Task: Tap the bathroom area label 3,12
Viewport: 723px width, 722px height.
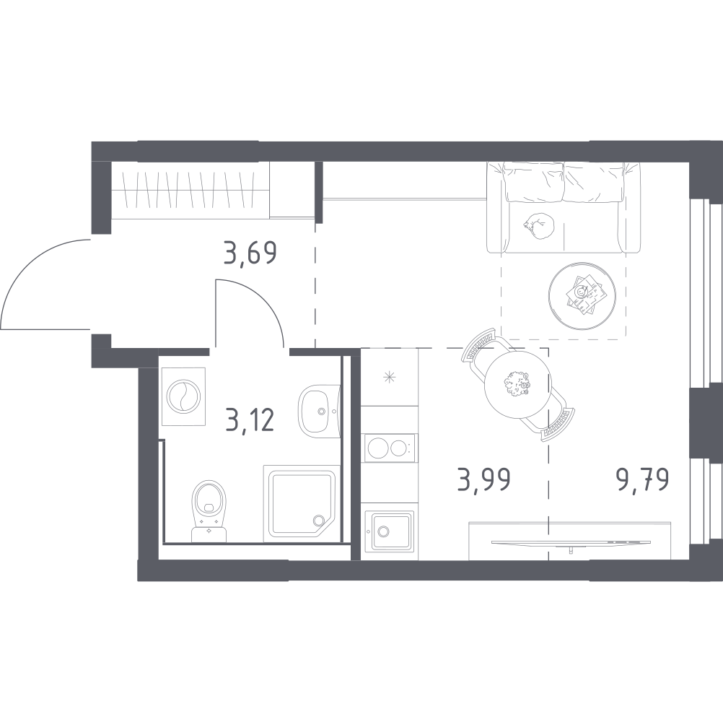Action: coord(250,419)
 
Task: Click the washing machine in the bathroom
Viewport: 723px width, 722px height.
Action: coord(183,397)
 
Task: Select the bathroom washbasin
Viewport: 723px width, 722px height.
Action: coord(319,409)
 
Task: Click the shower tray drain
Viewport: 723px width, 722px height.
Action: coord(317,520)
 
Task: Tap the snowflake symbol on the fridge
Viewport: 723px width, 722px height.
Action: coord(390,378)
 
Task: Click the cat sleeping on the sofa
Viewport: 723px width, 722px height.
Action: coord(540,226)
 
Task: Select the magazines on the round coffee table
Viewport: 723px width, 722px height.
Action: coord(583,295)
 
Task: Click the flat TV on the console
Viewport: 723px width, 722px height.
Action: coord(571,542)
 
